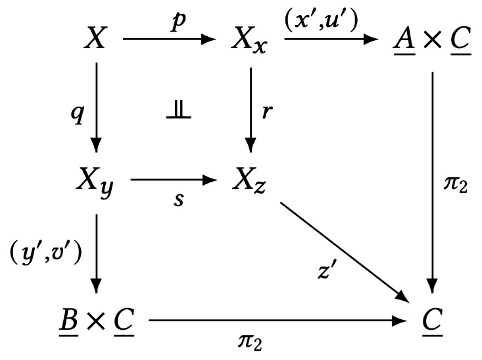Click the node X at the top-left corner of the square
point(96,41)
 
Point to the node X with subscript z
point(249,179)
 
